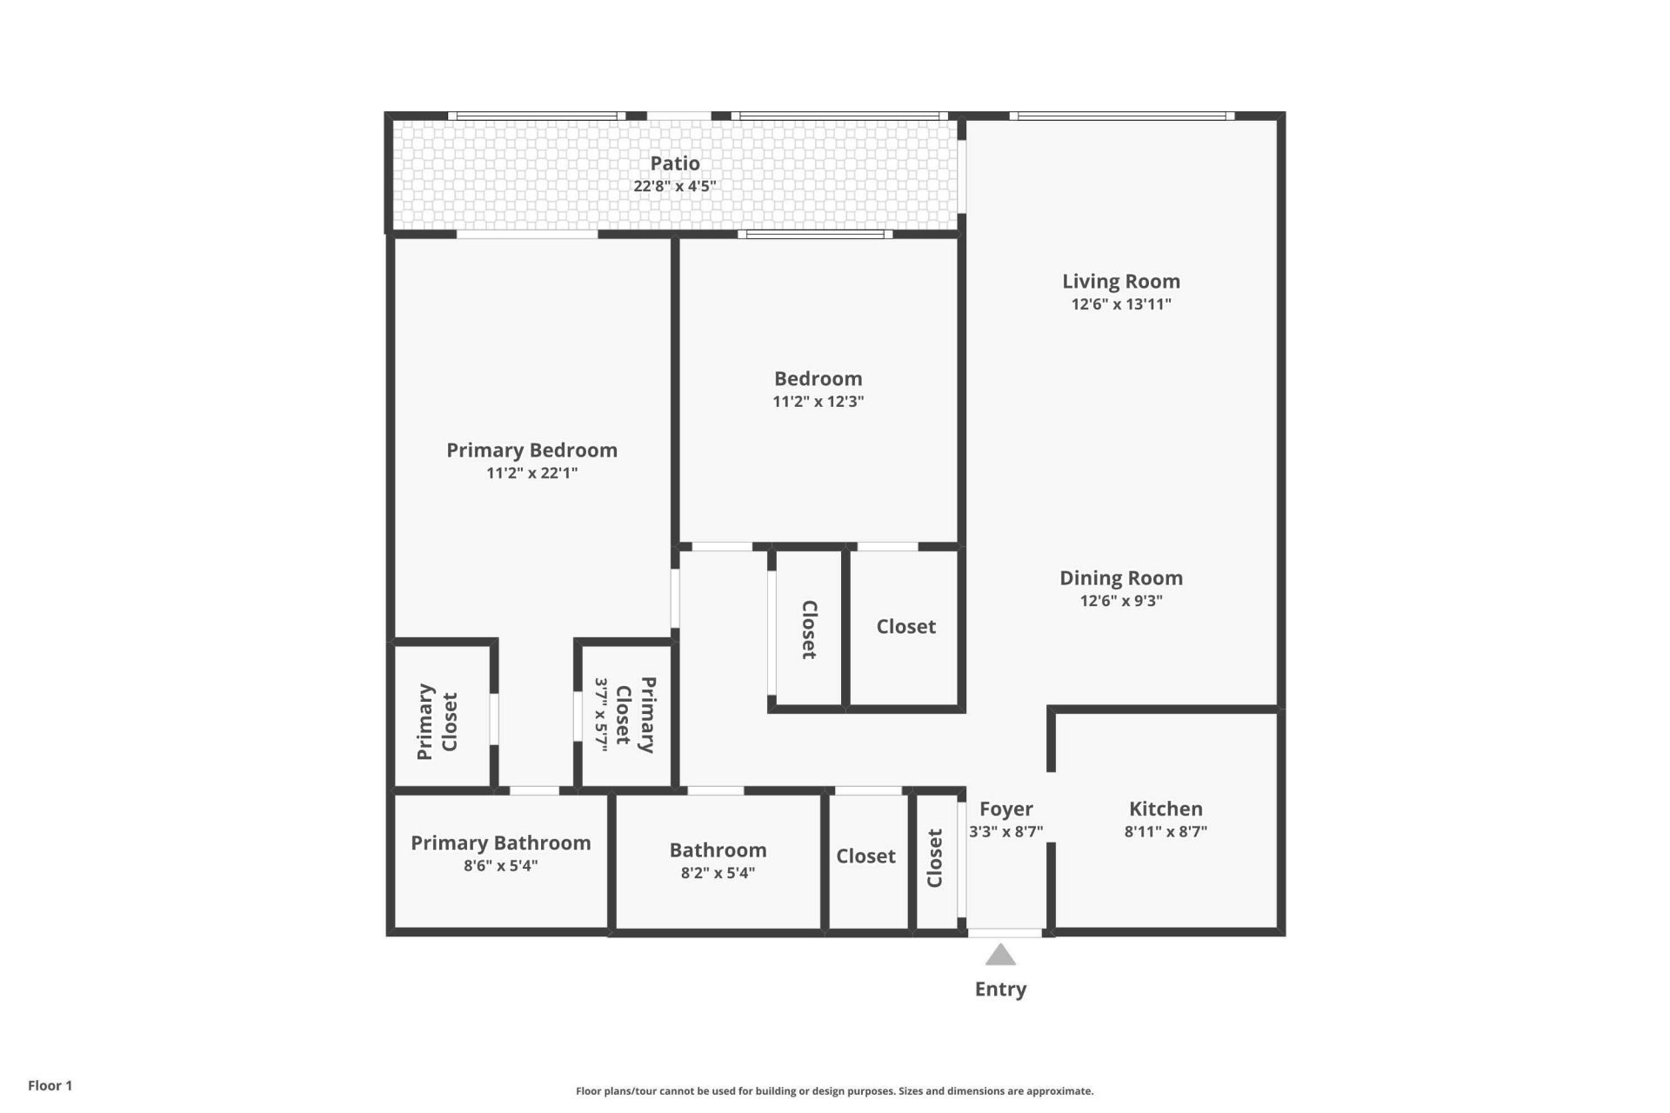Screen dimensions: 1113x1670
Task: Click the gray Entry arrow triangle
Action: pos(1000,956)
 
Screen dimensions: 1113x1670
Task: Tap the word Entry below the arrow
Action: pos(1000,990)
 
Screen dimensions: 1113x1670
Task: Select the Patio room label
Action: pos(675,163)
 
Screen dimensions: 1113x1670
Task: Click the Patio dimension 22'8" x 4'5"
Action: pos(675,186)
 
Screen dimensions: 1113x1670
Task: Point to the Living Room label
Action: pos(1121,282)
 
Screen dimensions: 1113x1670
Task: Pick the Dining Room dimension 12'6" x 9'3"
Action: pos(1121,601)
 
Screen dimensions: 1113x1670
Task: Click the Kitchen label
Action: pos(1166,809)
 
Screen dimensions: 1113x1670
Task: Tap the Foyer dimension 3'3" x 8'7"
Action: pos(1005,831)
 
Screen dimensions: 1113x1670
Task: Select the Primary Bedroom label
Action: pos(531,450)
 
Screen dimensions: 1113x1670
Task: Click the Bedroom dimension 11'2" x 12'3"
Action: pos(818,402)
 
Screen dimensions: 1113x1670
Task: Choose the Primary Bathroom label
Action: pos(500,843)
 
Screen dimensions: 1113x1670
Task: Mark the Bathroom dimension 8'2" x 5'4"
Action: pos(718,873)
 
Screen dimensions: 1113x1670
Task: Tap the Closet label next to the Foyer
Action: pos(935,858)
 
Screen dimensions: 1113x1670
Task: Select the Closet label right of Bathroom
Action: pos(865,856)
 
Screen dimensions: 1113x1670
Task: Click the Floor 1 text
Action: pos(50,1085)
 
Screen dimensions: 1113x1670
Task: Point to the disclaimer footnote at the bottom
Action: pos(834,1091)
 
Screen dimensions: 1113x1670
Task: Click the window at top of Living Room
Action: pos(1121,116)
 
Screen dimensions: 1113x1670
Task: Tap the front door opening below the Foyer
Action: pos(1005,933)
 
